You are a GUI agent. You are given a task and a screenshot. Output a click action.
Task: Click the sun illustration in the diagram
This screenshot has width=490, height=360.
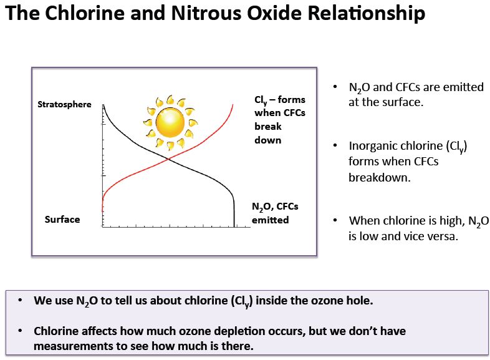tap(170, 122)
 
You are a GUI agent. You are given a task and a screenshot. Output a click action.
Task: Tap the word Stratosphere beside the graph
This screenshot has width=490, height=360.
tap(64, 104)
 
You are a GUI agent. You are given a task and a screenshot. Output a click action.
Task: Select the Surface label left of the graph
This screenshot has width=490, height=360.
tap(62, 219)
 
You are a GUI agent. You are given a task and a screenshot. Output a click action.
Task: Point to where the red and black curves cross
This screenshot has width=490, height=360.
tap(168, 159)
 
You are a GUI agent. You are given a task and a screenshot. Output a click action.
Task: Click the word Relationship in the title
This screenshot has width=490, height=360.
tap(366, 14)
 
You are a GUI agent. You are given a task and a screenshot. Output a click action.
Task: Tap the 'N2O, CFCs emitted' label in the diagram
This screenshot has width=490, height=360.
tap(275, 213)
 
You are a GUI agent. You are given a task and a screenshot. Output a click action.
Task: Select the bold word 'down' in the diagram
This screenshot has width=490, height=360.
tap(268, 140)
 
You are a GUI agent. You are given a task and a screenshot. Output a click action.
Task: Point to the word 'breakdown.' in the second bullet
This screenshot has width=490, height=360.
tap(380, 177)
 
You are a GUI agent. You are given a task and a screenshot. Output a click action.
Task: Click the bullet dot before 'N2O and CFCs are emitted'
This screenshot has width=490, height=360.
tap(335, 87)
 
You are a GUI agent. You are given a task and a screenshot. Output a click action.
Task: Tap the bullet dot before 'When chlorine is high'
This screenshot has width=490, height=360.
tap(335, 220)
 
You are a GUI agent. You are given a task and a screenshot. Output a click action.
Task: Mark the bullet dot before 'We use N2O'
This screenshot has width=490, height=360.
tap(21, 300)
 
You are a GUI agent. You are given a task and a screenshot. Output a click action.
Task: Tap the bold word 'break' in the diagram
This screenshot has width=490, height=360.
tap(268, 127)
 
